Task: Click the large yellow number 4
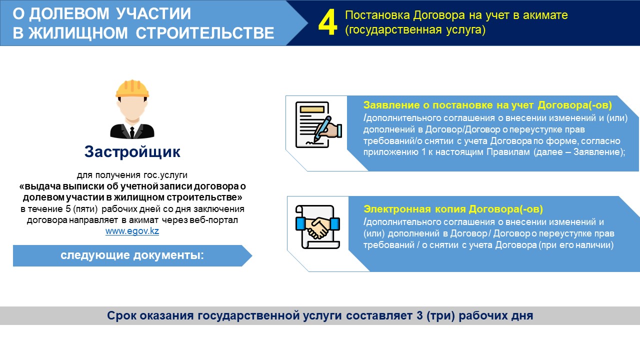[327, 22]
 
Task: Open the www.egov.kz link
[132, 231]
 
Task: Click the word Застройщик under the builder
[132, 151]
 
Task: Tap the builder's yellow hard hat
[132, 88]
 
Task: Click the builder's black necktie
[132, 132]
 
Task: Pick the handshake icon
[317, 227]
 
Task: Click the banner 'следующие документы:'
[132, 255]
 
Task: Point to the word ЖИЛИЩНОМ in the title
[78, 33]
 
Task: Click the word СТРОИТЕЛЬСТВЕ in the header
[205, 33]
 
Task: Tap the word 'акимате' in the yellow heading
[545, 15]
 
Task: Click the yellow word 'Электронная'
[397, 209]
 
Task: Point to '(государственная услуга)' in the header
[415, 30]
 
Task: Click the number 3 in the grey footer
[419, 315]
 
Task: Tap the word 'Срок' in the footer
[121, 315]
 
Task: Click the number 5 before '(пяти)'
[68, 209]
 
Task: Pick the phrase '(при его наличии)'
[576, 245]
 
